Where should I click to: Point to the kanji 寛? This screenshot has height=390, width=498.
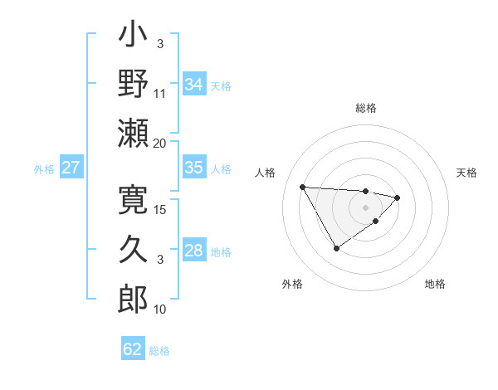[133, 199]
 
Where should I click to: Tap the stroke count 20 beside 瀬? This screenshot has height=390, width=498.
[159, 143]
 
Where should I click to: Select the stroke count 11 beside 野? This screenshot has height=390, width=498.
[159, 93]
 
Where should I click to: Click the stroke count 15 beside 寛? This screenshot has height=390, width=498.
[160, 209]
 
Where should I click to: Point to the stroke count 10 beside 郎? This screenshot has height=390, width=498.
[159, 309]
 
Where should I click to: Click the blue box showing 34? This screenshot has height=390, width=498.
[194, 84]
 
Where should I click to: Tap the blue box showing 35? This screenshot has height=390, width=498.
[194, 168]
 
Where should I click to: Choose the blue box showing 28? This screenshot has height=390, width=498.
[194, 251]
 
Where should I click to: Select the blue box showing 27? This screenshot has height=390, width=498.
[71, 168]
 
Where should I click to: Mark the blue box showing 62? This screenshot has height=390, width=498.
[133, 349]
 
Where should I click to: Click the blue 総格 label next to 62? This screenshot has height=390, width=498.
[159, 351]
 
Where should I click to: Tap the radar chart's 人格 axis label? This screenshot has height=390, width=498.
[266, 173]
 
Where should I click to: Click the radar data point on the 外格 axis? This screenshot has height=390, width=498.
[336, 248]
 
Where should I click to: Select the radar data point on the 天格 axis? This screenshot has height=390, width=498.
[398, 197]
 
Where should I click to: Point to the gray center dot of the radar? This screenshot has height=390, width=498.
[365, 207]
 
